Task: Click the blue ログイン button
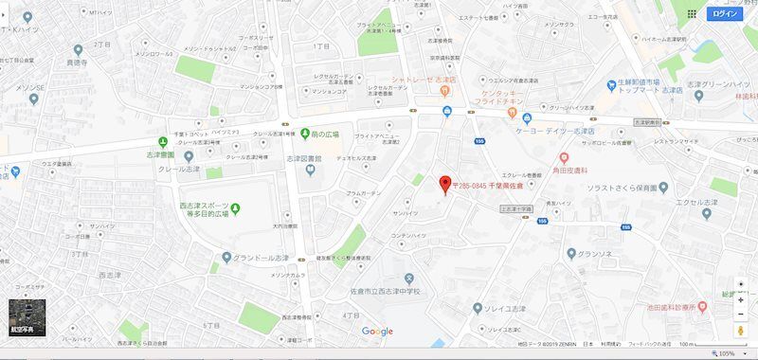coord(726,14)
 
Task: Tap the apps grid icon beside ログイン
coord(693,14)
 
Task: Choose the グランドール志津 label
coord(257,257)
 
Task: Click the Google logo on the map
coord(377,331)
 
